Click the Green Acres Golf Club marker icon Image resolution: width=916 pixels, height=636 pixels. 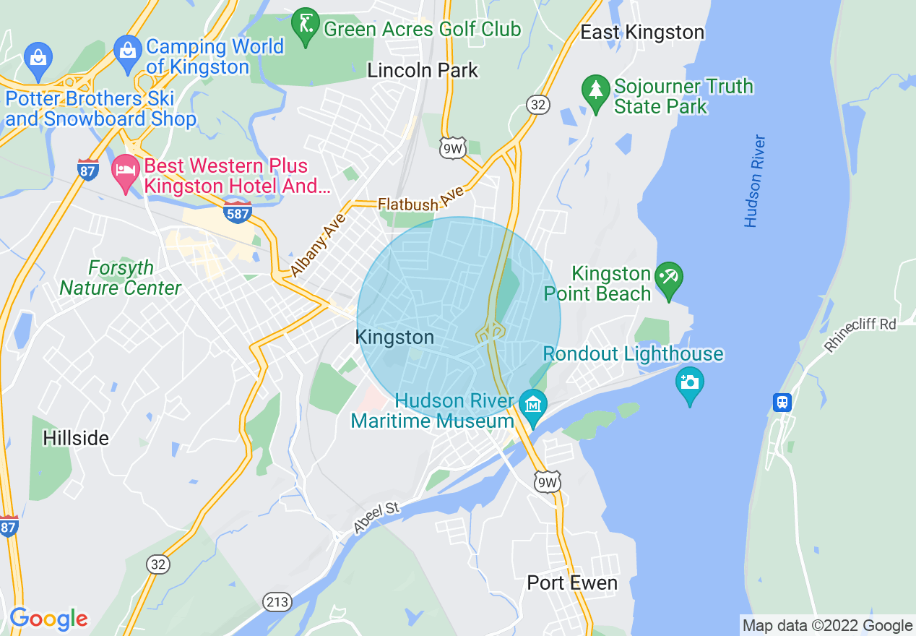[x=306, y=27]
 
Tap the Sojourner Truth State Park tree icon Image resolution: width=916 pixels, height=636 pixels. [x=596, y=92]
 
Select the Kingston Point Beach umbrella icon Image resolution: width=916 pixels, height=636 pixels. [x=669, y=280]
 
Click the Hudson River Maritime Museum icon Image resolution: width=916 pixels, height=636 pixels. [x=533, y=407]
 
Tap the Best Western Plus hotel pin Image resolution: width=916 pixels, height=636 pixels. [x=126, y=171]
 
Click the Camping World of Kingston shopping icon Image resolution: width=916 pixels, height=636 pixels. [x=128, y=52]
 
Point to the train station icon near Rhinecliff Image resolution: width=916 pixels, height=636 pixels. [x=782, y=402]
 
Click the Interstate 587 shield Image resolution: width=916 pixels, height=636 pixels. [x=238, y=213]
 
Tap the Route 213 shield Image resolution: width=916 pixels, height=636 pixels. [x=277, y=601]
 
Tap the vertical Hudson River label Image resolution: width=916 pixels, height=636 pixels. [x=755, y=181]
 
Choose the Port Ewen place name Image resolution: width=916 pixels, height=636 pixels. [x=572, y=583]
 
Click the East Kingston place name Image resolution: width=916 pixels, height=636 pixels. [x=642, y=33]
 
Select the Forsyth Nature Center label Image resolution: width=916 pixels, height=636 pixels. [x=121, y=278]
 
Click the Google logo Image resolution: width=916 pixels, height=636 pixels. [x=48, y=619]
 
